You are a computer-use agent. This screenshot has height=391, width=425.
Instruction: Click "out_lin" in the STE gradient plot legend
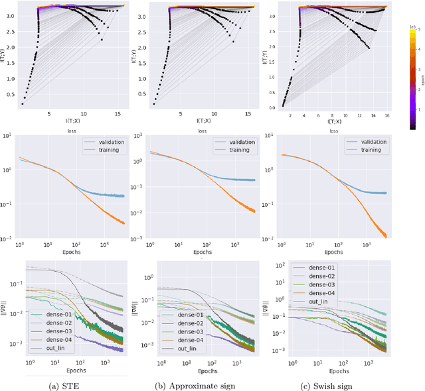click(x=61, y=347)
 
